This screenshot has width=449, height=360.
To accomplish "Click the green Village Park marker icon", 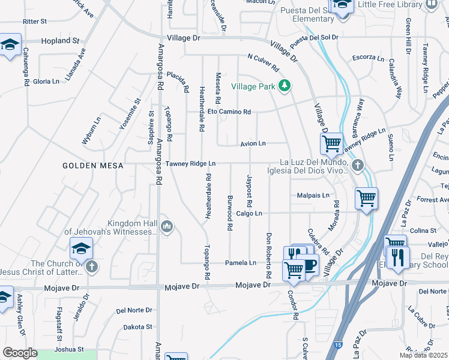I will (x=285, y=86).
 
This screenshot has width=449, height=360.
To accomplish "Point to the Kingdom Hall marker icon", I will (x=166, y=226).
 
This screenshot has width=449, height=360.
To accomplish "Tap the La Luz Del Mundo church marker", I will (x=357, y=165).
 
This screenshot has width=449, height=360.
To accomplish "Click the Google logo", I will (x=20, y=353).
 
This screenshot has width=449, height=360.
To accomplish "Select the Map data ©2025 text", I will (x=423, y=355).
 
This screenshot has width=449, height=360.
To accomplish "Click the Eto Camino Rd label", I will (x=229, y=112).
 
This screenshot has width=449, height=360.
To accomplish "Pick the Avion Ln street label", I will (x=253, y=143).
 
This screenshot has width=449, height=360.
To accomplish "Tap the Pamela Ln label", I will (x=241, y=263).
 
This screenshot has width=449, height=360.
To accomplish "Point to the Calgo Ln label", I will (x=249, y=213).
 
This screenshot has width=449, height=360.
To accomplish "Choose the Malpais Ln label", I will (x=313, y=196).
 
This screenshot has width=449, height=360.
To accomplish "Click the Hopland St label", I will (x=60, y=41).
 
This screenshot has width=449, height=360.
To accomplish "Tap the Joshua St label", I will (x=68, y=349).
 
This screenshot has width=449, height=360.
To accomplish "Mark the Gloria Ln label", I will (x=46, y=81).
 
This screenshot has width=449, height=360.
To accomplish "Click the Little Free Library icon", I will (x=431, y=5).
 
